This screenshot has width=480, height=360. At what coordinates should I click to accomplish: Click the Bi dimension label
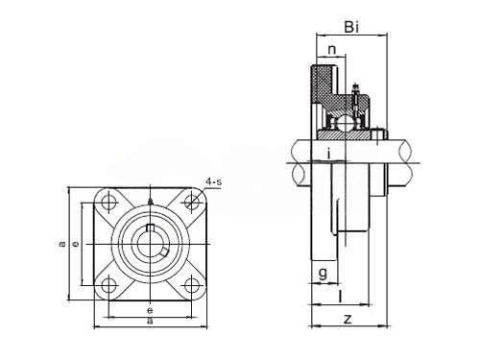351,27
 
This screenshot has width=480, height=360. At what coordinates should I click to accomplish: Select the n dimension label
332,50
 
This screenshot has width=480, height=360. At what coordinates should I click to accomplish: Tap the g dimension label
324,274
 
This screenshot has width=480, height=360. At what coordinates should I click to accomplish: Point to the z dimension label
348,319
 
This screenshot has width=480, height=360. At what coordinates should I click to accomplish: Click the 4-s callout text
214,182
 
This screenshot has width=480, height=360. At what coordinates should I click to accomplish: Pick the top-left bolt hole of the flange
108,203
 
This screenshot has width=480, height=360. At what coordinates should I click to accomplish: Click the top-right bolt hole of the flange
192,203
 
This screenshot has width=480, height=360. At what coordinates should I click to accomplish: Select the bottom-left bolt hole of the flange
108,285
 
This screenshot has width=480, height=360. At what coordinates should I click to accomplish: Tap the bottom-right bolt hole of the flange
192,285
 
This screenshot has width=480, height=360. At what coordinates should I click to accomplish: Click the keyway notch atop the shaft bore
150,228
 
